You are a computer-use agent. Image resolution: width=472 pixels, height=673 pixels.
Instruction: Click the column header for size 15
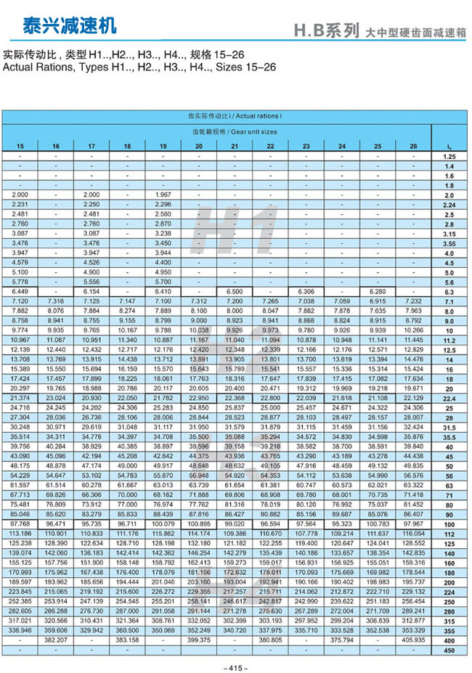pos(20,147)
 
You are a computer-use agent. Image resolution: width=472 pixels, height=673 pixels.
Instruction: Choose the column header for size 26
pos(413,147)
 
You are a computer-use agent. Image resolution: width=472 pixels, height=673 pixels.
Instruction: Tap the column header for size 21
pos(234,147)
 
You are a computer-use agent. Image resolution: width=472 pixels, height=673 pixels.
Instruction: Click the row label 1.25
pos(448,157)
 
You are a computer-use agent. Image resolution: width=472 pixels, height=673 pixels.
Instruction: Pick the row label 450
pos(448,649)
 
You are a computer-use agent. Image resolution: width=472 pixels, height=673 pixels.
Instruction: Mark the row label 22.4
pos(448,400)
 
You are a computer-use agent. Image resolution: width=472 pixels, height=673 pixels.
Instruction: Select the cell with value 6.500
pos(234,291)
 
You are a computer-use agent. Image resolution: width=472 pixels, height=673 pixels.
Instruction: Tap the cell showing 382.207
pos(55,640)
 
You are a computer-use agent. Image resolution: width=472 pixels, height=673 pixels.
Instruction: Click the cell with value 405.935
pos(413,640)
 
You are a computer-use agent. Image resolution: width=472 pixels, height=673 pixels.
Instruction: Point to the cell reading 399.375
pos(198,640)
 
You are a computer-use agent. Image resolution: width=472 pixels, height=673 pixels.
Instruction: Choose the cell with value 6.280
pos(377,291)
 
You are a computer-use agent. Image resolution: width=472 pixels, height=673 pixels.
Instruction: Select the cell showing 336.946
pos(20,630)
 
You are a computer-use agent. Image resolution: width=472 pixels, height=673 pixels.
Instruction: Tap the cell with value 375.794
pos(341,640)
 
